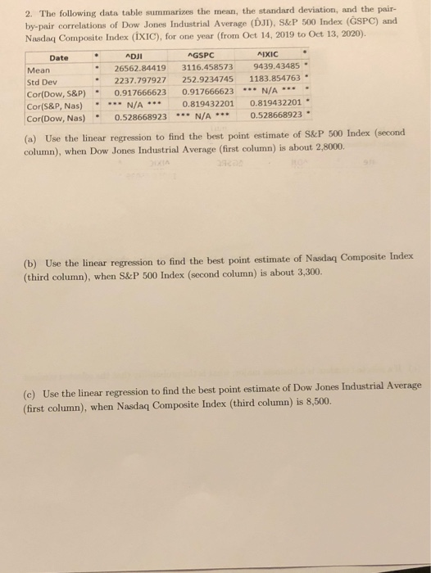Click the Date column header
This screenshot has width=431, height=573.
click(x=59, y=57)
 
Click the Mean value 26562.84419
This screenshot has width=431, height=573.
click(x=141, y=68)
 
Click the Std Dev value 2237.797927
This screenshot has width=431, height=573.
click(x=141, y=80)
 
